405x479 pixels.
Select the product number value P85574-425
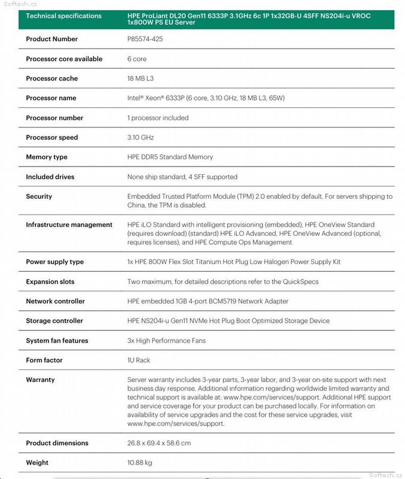(x=145, y=39)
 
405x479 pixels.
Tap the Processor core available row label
(x=64, y=59)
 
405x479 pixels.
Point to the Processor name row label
(x=51, y=98)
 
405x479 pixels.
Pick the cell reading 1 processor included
(x=158, y=118)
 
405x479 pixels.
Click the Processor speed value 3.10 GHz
(x=141, y=138)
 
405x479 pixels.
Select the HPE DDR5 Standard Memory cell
(x=170, y=157)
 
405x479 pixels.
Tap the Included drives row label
(x=51, y=177)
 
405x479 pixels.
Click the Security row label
(x=39, y=196)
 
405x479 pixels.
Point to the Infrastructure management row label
(x=69, y=225)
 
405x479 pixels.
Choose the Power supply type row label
(x=55, y=262)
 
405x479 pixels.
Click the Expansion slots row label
(x=50, y=281)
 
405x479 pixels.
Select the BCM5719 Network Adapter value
(x=207, y=301)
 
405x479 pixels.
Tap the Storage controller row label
(x=55, y=321)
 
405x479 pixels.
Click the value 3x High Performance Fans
(x=167, y=341)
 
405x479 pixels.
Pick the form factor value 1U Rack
(x=139, y=360)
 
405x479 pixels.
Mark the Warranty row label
(x=40, y=380)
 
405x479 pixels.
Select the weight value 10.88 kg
(x=140, y=463)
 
